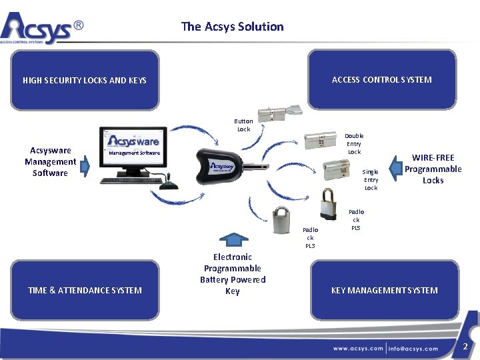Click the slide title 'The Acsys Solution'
[x=232, y=27]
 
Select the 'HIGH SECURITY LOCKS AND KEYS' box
[x=85, y=80]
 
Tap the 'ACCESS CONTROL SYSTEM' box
[x=382, y=79]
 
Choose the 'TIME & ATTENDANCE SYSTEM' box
[x=85, y=290]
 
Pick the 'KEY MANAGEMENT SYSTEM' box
[x=385, y=290]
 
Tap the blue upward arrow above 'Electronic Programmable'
[x=232, y=241]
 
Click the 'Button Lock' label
[x=243, y=125]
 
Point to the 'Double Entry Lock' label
[x=354, y=143]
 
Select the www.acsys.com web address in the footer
[x=358, y=348]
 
